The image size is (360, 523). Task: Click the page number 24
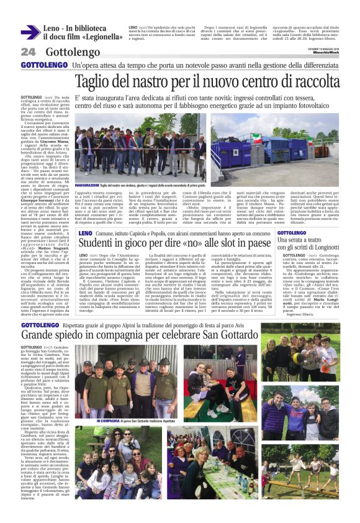[28, 52]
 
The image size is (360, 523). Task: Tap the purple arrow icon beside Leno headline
[30, 32]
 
